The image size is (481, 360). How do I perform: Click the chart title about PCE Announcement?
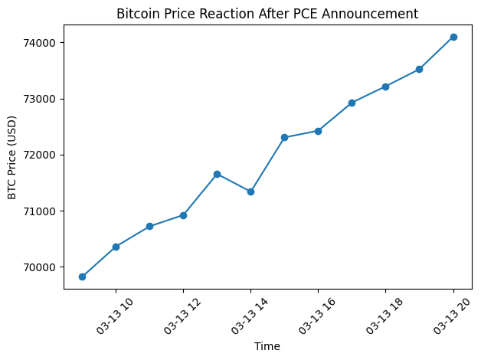pyautogui.click(x=267, y=13)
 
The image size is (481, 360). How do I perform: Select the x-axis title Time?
pyautogui.click(x=267, y=346)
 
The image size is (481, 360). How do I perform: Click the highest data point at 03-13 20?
pyautogui.click(x=453, y=37)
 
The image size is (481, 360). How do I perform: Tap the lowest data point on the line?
pyautogui.click(x=82, y=277)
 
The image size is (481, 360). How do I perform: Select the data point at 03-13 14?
pyautogui.click(x=250, y=191)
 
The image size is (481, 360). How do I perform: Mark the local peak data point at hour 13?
pyautogui.click(x=217, y=174)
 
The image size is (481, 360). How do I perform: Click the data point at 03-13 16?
pyautogui.click(x=318, y=131)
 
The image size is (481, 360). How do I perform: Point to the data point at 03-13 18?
pyautogui.click(x=385, y=87)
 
